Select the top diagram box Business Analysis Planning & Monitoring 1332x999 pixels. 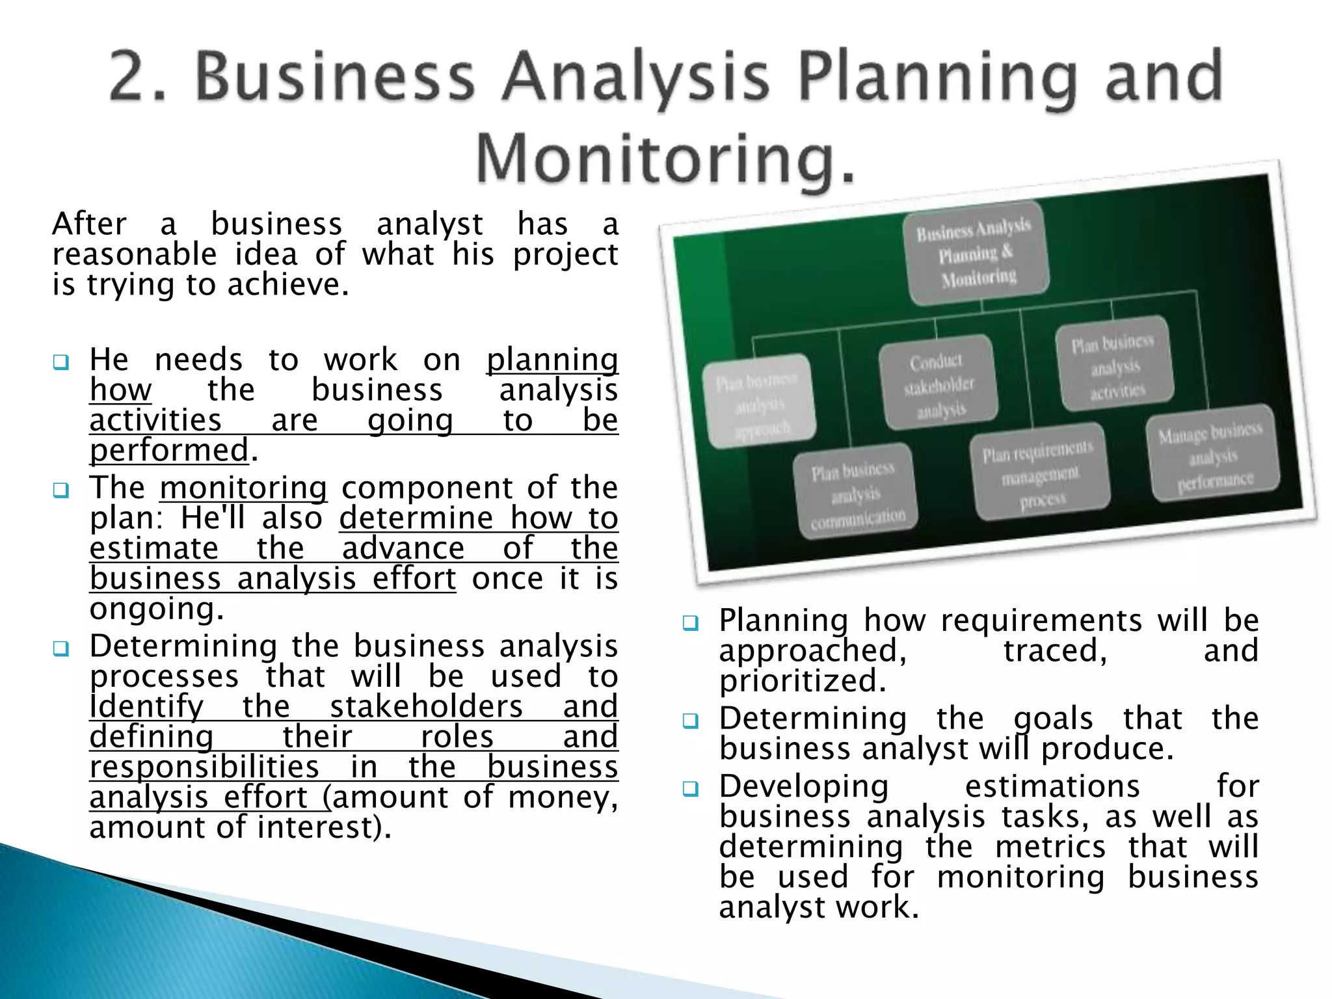click(x=976, y=254)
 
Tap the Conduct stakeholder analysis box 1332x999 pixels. click(x=939, y=384)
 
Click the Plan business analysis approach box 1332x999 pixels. click(x=759, y=403)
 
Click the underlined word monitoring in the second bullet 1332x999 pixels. click(x=243, y=488)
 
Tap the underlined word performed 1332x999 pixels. click(x=169, y=450)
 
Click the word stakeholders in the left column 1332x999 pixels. click(x=426, y=706)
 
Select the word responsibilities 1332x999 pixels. click(x=204, y=767)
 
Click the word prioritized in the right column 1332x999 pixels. click(x=803, y=681)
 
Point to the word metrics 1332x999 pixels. click(x=1050, y=847)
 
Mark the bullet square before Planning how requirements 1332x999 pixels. click(x=690, y=624)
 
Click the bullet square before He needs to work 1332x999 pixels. click(x=61, y=362)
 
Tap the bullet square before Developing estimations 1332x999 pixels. click(x=690, y=790)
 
